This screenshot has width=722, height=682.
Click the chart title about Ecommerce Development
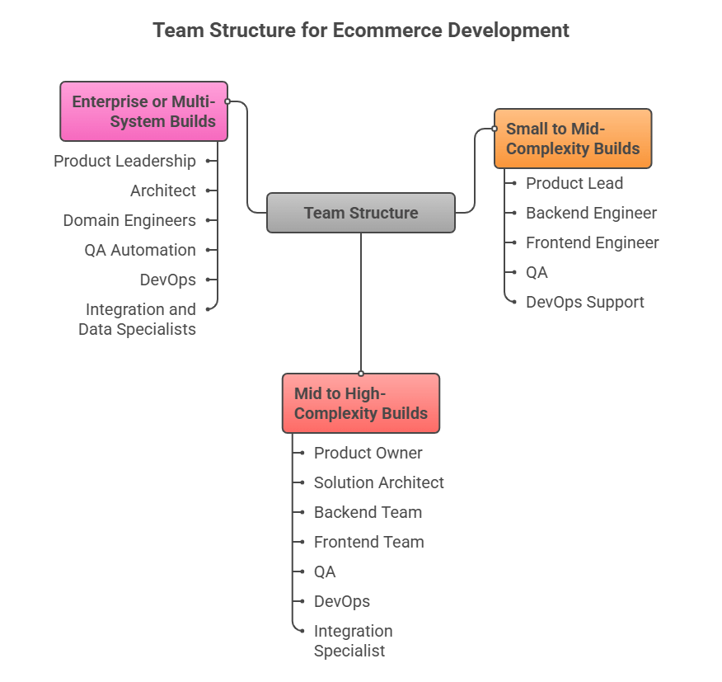(x=361, y=31)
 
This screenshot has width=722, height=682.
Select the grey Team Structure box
(x=361, y=213)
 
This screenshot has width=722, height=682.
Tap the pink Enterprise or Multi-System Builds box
(x=144, y=111)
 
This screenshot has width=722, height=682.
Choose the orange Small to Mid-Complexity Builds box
(x=573, y=139)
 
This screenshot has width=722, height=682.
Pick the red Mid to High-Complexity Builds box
(x=361, y=403)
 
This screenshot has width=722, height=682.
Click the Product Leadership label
(x=125, y=161)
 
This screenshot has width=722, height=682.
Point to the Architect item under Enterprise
(x=163, y=190)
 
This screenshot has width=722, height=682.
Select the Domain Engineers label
(x=129, y=220)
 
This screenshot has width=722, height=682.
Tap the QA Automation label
(x=140, y=250)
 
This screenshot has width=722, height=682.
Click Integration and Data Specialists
(x=138, y=319)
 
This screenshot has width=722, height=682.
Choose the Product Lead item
(x=574, y=183)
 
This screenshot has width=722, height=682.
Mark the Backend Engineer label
(x=591, y=213)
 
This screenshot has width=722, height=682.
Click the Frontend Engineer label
(x=592, y=242)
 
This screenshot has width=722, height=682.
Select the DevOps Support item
(x=584, y=302)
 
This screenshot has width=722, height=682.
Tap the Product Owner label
(x=368, y=453)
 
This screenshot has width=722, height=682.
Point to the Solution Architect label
(x=378, y=482)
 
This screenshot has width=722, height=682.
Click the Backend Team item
(x=368, y=512)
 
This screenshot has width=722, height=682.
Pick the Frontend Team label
(x=368, y=542)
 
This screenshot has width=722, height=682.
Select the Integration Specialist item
(x=353, y=641)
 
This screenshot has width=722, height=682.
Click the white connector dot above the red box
(x=361, y=374)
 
